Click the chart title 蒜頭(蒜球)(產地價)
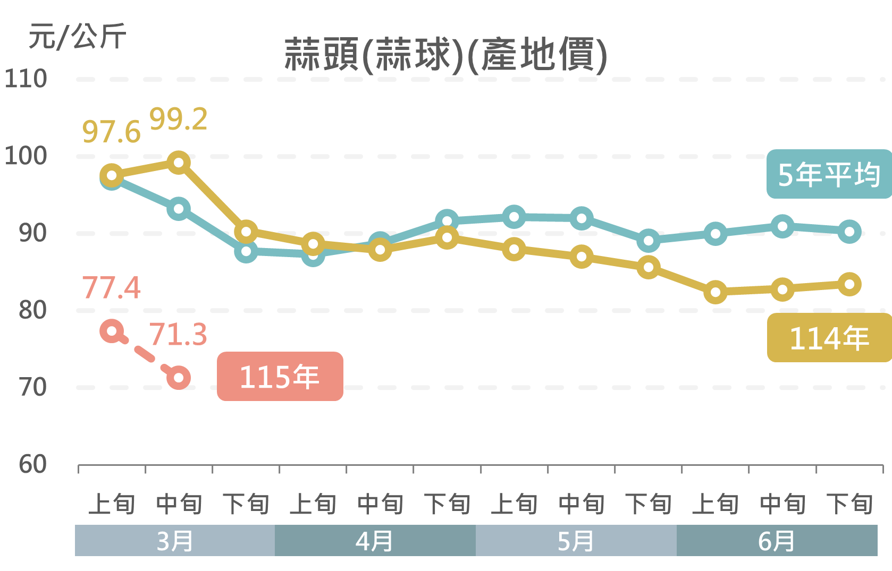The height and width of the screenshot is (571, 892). point(445,54)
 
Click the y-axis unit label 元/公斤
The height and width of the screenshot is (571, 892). point(78,36)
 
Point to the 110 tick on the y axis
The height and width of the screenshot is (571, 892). point(26,79)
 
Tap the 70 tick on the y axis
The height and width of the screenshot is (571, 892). point(32,387)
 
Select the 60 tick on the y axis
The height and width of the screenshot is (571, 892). point(32,464)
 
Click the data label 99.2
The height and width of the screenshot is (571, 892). point(178,119)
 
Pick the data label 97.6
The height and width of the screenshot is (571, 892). point(111,132)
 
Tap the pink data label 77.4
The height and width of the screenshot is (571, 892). point(111,287)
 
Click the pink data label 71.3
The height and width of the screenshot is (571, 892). point(178,335)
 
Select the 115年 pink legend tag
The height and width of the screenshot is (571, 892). point(280,376)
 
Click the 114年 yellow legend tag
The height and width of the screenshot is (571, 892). point(829,338)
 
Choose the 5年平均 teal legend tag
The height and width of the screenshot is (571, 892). point(829,174)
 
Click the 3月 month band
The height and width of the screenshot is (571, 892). point(174,541)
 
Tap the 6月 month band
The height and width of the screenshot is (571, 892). point(777,541)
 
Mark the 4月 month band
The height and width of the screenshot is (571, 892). point(375,541)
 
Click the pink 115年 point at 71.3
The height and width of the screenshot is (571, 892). point(179,378)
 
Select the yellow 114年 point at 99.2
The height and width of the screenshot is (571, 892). point(179,163)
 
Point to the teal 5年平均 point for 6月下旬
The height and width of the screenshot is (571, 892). point(849,232)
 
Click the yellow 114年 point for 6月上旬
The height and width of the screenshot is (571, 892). point(716,292)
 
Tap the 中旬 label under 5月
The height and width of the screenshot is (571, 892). point(582,504)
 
